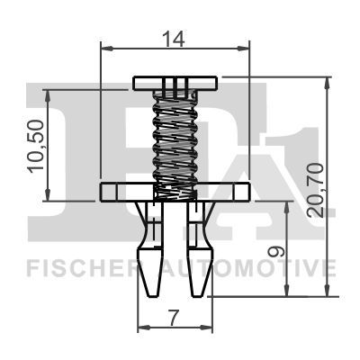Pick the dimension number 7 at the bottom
(x=175, y=318)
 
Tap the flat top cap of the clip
(x=175, y=83)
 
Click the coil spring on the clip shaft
(x=175, y=139)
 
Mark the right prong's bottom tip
(x=199, y=292)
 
